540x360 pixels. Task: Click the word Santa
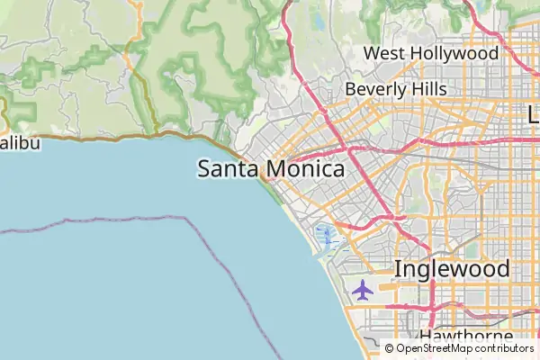click(x=226, y=169)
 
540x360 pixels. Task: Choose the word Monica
click(x=302, y=169)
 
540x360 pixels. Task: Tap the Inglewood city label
click(x=452, y=269)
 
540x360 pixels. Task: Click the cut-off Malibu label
click(x=20, y=143)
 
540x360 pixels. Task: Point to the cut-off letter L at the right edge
click(x=533, y=114)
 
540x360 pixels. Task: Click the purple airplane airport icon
click(x=363, y=290)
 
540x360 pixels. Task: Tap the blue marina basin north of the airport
click(x=327, y=238)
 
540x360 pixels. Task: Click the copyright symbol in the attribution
click(x=389, y=347)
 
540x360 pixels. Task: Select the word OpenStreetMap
click(x=435, y=347)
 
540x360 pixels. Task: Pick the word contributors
click(x=505, y=347)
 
